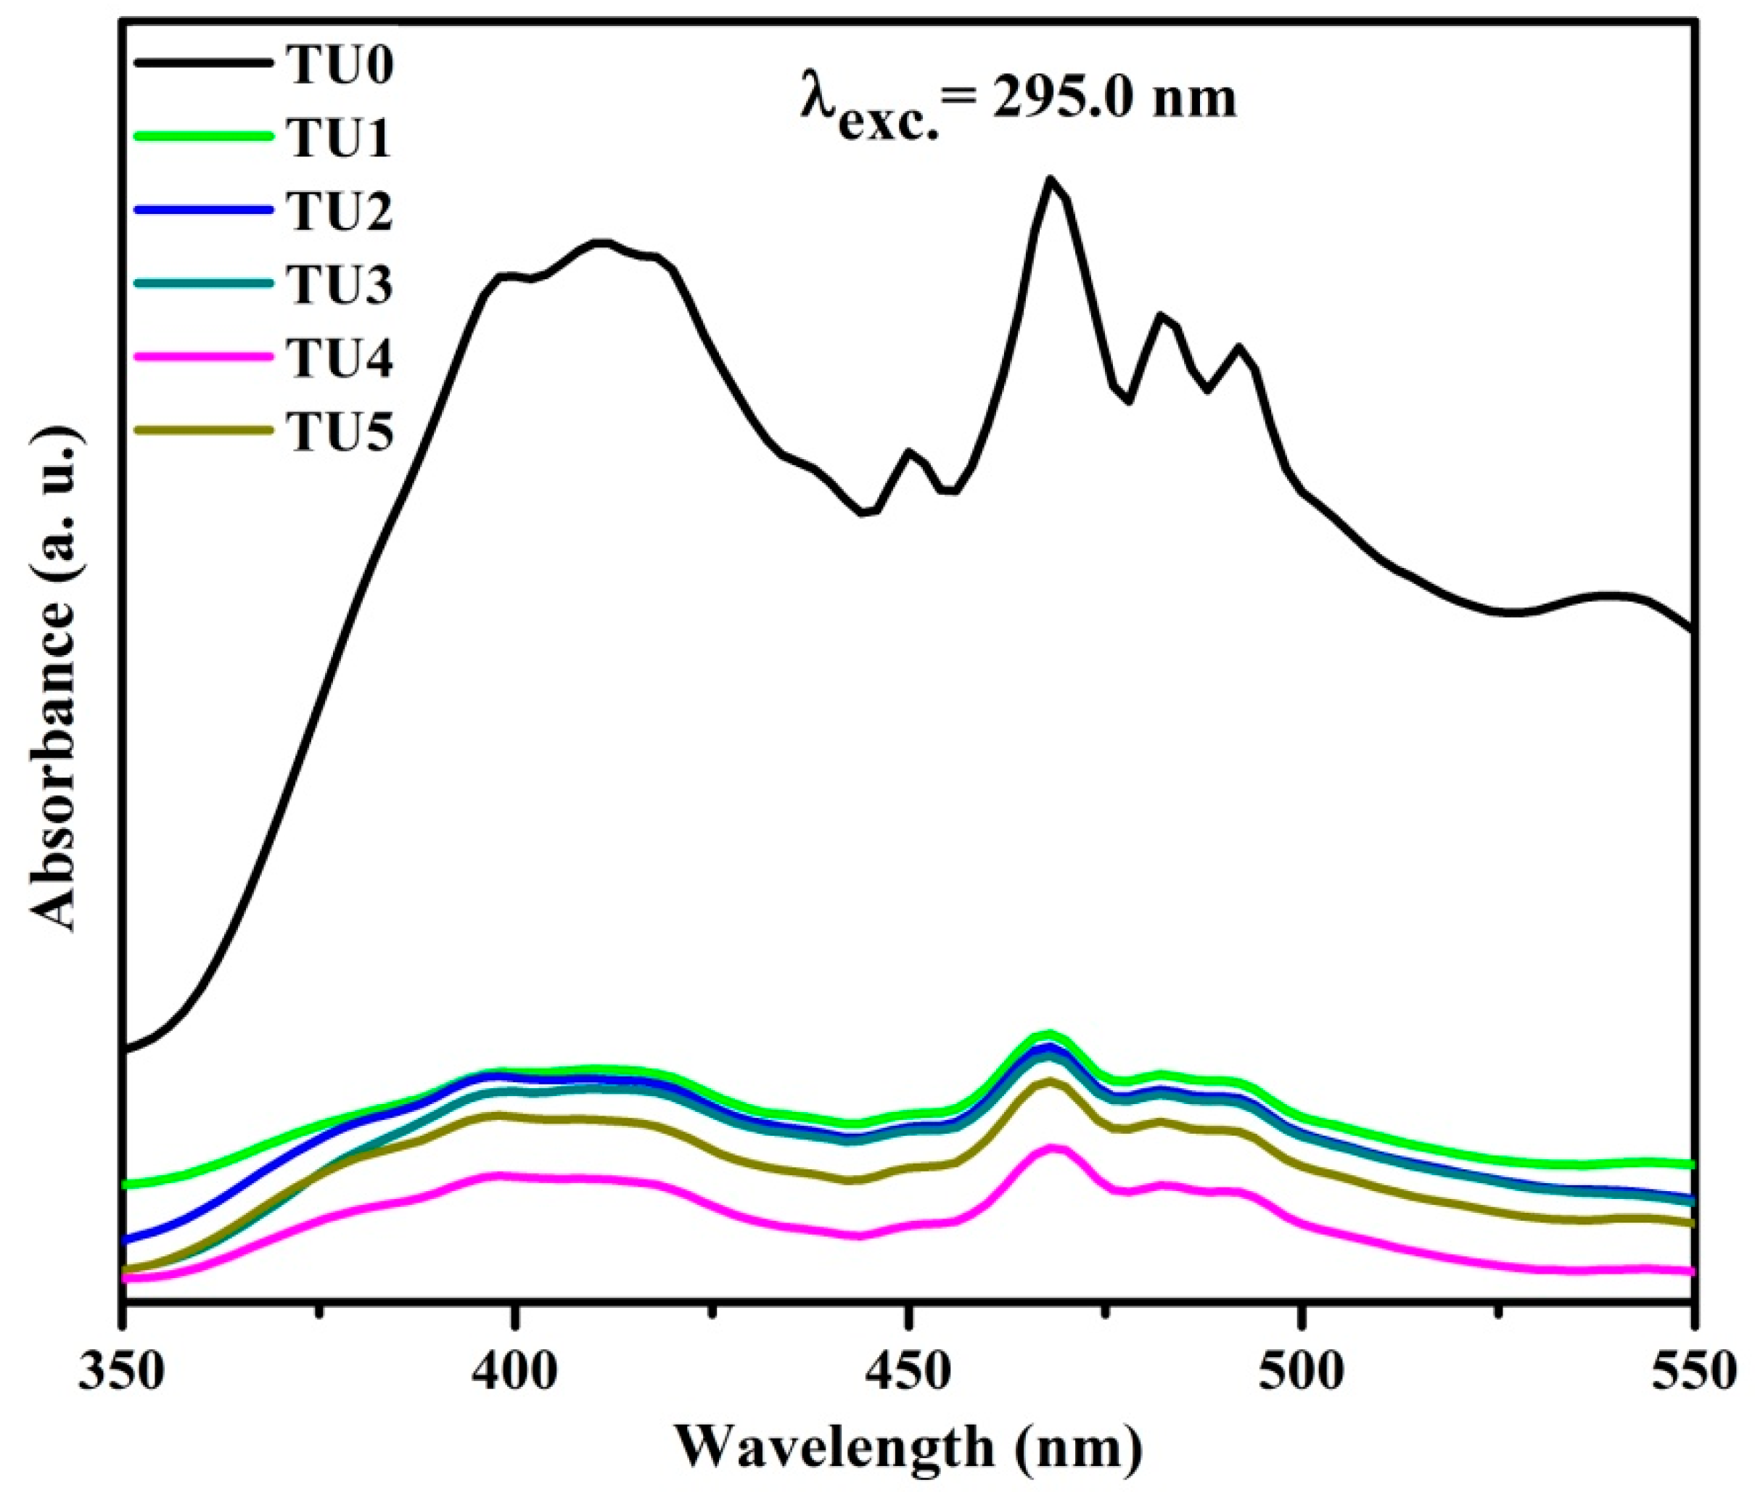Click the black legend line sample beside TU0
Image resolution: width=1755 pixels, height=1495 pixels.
[204, 65]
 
